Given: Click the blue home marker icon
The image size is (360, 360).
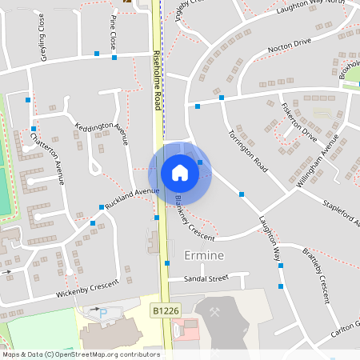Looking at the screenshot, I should point(179,173).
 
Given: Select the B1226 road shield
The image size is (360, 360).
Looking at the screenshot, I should point(164,308).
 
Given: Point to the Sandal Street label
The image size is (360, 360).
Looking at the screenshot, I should point(206,278).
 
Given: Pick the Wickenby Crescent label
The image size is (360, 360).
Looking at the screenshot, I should point(87,289).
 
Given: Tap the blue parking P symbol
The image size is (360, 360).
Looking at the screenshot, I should point(103,311).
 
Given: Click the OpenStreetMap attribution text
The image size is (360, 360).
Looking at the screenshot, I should point(80,354).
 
